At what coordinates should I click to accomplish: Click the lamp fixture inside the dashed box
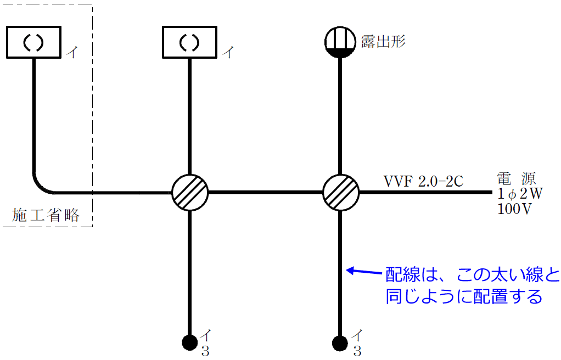33,42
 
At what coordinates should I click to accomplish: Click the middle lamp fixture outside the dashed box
190,42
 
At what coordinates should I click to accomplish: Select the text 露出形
383,41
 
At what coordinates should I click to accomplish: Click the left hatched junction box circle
190,193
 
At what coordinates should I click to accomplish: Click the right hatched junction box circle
340,193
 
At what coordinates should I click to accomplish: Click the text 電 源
516,179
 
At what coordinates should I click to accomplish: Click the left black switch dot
190,343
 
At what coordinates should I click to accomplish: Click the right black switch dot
340,343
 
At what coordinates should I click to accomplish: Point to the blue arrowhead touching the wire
350,270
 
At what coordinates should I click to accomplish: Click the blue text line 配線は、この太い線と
471,274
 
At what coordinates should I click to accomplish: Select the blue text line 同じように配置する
463,296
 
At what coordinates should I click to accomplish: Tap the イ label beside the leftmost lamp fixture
71,52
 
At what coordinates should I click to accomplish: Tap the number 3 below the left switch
205,352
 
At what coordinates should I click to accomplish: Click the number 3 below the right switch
357,352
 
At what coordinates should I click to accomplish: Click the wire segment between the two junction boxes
265,193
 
